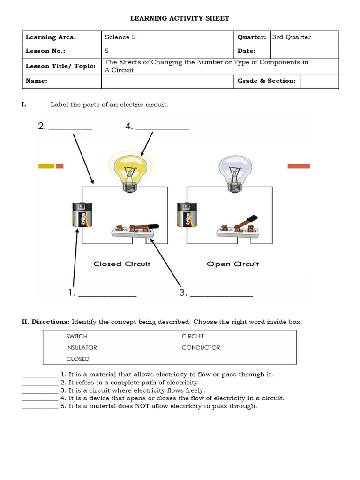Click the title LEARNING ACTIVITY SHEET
pyautogui.click(x=180, y=18)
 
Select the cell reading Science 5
pyautogui.click(x=120, y=37)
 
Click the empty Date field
pyautogui.click(x=304, y=51)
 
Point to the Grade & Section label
pyautogui.click(x=267, y=81)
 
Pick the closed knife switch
pyautogui.click(x=133, y=230)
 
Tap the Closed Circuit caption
pyautogui.click(x=122, y=264)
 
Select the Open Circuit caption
pyautogui.click(x=232, y=264)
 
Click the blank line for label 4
pyautogui.click(x=162, y=128)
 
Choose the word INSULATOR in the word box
pyautogui.click(x=82, y=348)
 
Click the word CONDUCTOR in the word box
pyautogui.click(x=201, y=348)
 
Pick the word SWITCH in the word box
pyautogui.click(x=77, y=337)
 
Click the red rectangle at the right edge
pyautogui.click(x=299, y=166)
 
